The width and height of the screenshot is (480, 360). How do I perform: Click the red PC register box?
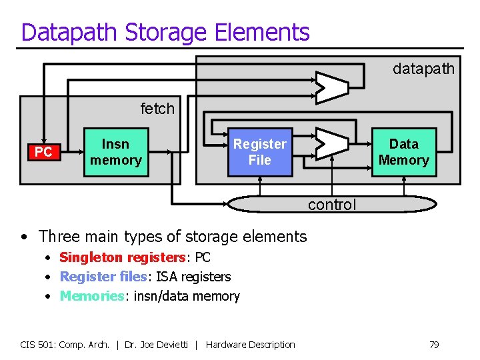tap(43, 153)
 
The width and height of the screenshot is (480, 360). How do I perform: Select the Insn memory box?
tap(115, 152)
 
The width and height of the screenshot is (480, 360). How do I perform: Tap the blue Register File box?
tap(259, 152)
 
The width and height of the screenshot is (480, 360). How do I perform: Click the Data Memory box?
tap(403, 152)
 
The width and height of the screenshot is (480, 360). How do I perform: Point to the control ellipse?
tap(331, 203)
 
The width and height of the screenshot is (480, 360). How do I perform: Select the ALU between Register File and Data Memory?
tap(331, 143)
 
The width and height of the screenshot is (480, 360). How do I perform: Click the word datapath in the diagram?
tap(423, 69)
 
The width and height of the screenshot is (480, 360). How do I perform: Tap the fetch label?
tap(157, 108)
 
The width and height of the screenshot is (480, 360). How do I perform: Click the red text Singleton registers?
tap(122, 257)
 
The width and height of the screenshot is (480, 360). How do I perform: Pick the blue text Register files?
tap(104, 277)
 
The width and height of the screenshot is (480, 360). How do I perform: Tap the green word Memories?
tap(92, 296)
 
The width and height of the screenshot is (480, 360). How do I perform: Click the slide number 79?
tap(433, 345)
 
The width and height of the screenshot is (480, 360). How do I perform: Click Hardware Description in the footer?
tap(250, 345)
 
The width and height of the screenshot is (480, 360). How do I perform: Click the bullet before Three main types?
tap(24, 237)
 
